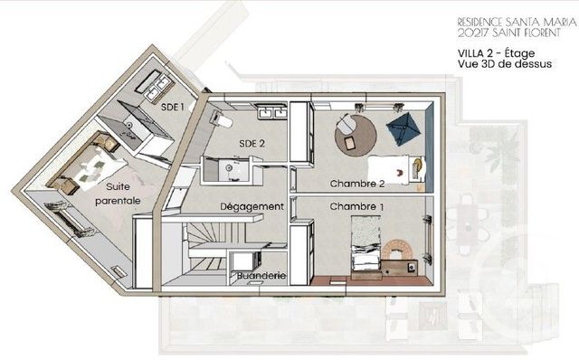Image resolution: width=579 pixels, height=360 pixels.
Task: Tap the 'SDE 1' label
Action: (173, 106)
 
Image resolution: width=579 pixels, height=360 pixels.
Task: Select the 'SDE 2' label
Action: (252, 143)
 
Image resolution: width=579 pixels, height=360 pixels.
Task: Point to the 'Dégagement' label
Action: (252, 206)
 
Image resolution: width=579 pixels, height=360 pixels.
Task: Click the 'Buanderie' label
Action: (261, 276)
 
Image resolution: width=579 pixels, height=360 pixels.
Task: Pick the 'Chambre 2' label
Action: (357, 183)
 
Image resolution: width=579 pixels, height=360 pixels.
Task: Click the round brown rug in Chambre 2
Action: (356, 136)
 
